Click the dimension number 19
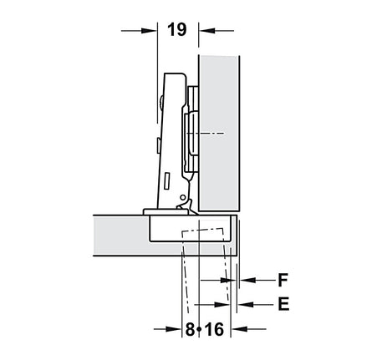point(177,30)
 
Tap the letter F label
point(283,280)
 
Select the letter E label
point(283,304)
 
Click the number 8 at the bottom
point(190,329)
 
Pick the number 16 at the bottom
point(215,329)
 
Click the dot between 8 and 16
point(199,329)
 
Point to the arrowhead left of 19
point(149,31)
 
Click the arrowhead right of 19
point(207,31)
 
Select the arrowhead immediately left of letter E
point(246,304)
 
